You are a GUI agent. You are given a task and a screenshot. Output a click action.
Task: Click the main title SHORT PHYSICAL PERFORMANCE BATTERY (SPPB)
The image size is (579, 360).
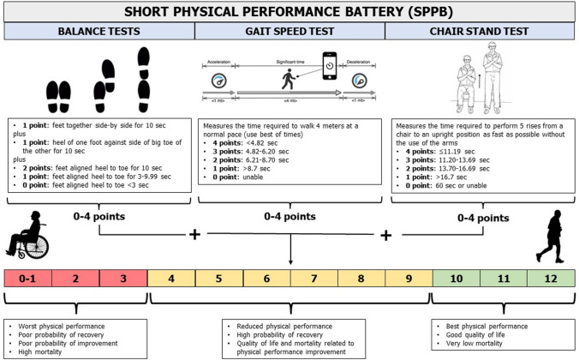click(289, 13)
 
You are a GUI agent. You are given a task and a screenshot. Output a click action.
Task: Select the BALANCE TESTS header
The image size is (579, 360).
click(98, 33)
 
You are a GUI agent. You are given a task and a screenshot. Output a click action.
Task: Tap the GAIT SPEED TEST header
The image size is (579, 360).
click(289, 33)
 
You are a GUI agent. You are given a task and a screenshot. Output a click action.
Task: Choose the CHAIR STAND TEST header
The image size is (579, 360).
click(481, 33)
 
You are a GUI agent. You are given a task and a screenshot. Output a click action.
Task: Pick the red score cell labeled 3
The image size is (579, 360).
click(122, 279)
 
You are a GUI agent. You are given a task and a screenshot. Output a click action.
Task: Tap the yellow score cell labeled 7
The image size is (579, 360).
click(313, 279)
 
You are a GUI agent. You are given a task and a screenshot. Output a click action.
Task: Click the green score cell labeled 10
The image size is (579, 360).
click(456, 279)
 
